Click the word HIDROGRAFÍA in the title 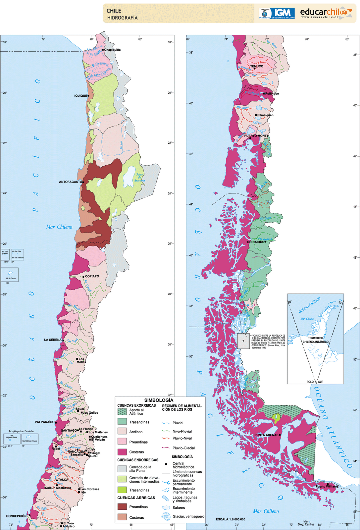click(122, 18)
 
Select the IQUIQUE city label click(80, 96)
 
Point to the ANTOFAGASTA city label click(70, 182)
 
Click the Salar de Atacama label click(139, 178)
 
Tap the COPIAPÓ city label click(92, 276)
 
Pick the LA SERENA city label click(53, 340)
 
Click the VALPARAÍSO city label click(44, 422)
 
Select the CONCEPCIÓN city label click(16, 516)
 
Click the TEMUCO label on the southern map click(257, 66)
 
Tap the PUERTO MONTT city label click(256, 136)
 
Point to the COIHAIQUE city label click(256, 242)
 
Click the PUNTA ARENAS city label click(266, 435)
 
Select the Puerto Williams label click(327, 487)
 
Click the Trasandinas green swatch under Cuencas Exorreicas click(122, 422)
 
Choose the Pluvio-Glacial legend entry click(183, 448)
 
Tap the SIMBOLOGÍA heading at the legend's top click(159, 400)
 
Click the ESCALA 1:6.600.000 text click(231, 519)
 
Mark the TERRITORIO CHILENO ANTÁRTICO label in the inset click(316, 340)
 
